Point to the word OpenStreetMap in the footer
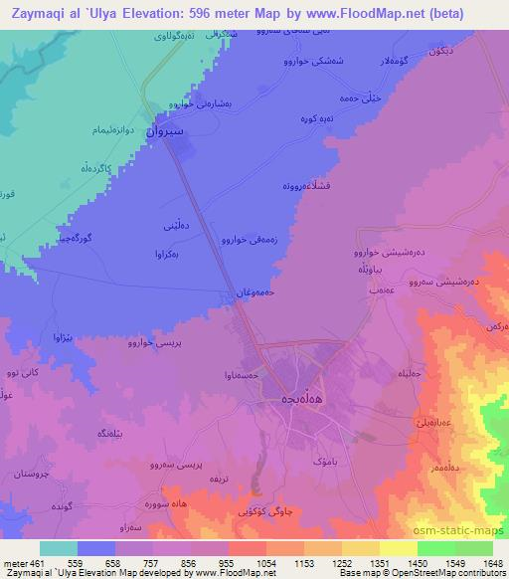pyautogui.click(x=433, y=573)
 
